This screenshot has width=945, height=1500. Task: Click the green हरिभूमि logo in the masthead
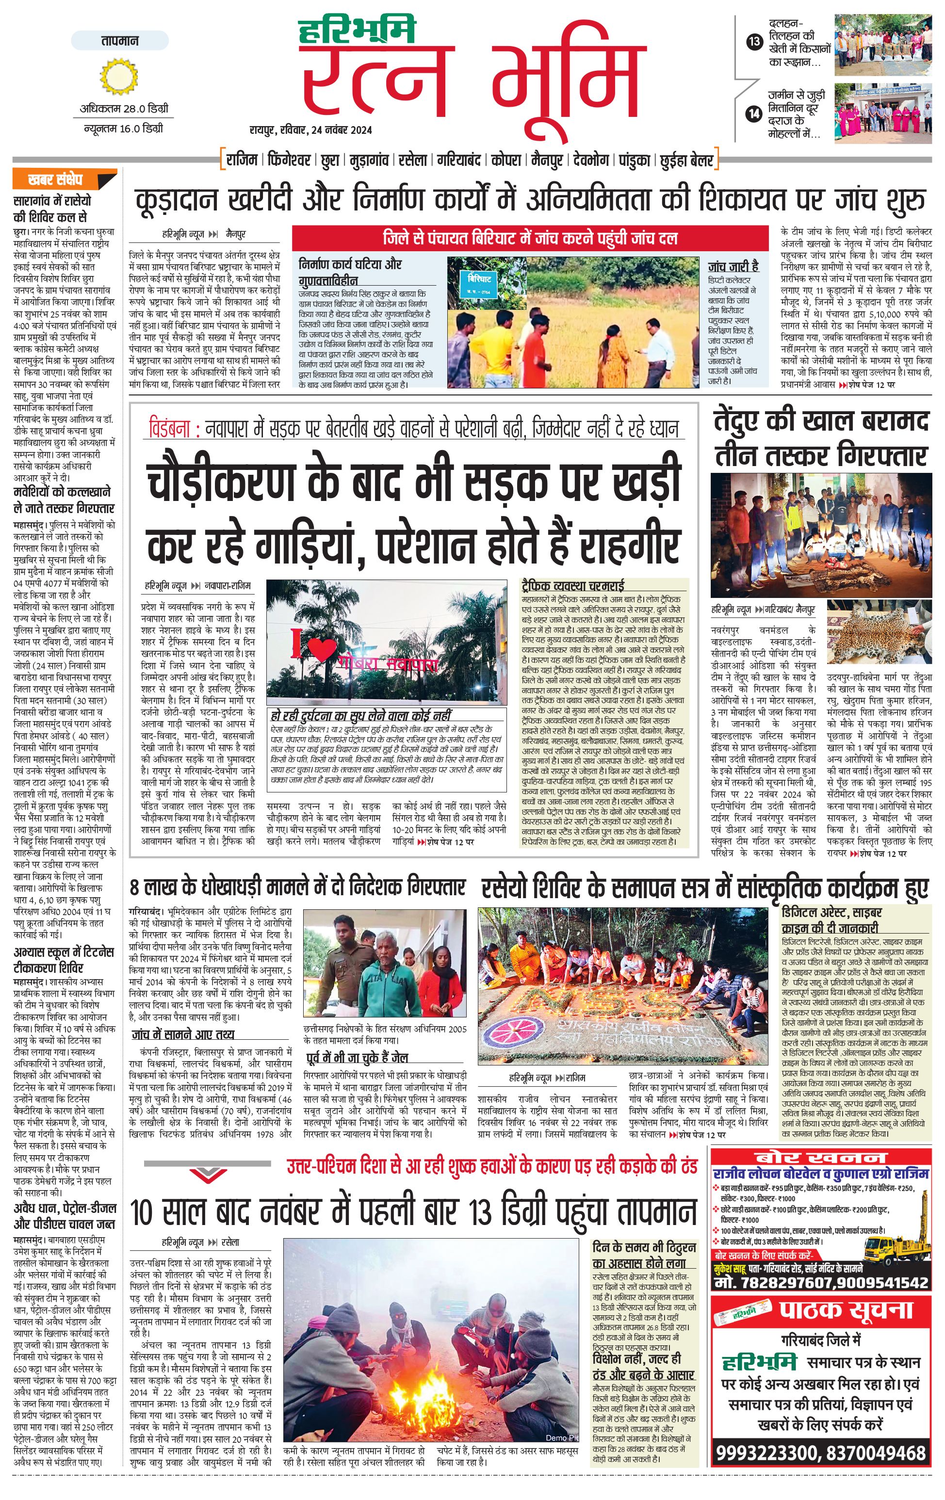click(357, 29)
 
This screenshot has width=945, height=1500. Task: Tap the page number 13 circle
click(754, 42)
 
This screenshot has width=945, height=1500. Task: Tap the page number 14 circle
click(754, 114)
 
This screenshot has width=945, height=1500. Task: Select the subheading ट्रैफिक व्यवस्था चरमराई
click(572, 585)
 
